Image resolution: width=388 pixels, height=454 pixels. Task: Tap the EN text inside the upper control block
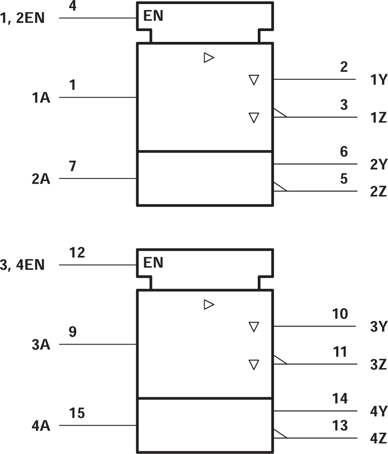pyautogui.click(x=153, y=17)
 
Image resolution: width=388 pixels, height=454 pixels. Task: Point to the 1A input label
pyautogui.click(x=41, y=98)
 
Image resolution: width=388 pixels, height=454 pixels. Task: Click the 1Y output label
pyautogui.click(x=378, y=80)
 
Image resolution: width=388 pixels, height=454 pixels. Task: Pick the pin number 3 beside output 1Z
pyautogui.click(x=344, y=105)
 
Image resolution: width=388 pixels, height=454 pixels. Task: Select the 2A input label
pyautogui.click(x=41, y=179)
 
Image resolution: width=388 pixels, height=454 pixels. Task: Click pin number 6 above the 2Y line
pyautogui.click(x=344, y=152)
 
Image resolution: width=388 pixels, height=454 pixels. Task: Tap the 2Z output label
pyautogui.click(x=378, y=192)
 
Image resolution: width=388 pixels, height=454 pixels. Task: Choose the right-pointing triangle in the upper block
pyautogui.click(x=208, y=58)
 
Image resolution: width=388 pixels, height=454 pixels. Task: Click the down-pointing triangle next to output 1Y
pyautogui.click(x=254, y=80)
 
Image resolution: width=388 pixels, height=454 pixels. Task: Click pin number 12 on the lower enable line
pyautogui.click(x=78, y=253)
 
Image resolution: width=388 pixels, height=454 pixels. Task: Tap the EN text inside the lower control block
pyautogui.click(x=153, y=263)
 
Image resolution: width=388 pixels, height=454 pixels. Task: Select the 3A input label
pyautogui.click(x=41, y=345)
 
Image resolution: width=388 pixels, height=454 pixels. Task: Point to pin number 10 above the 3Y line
pyautogui.click(x=340, y=314)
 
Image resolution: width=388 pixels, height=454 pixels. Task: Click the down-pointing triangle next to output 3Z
pyautogui.click(x=254, y=364)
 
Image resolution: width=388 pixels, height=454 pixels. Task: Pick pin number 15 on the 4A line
pyautogui.click(x=78, y=413)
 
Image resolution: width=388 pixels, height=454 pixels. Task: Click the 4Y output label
pyautogui.click(x=378, y=412)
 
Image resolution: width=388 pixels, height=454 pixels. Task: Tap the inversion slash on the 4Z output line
pyautogui.click(x=280, y=433)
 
